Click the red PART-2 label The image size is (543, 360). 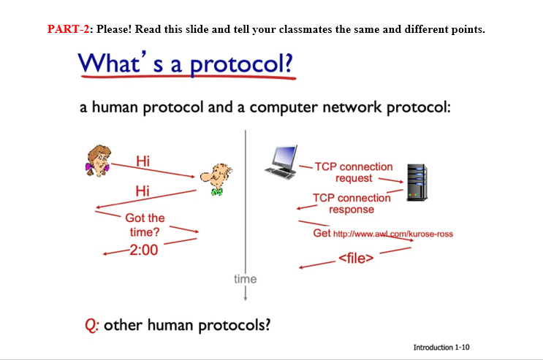[x=67, y=29]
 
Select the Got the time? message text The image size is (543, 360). [x=145, y=225]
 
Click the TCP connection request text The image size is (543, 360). [x=354, y=172]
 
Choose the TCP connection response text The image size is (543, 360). [x=352, y=203]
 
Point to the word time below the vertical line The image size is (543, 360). [x=245, y=279]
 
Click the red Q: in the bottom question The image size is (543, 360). [x=92, y=324]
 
